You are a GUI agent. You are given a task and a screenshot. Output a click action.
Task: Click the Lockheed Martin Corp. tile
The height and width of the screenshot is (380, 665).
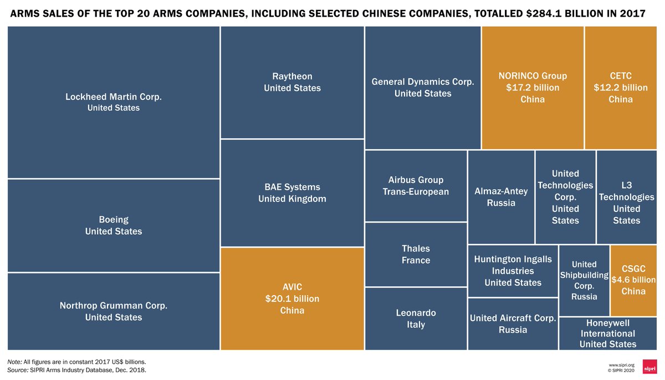coord(114,102)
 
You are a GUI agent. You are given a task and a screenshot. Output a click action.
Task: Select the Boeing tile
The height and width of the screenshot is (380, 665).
coord(114,225)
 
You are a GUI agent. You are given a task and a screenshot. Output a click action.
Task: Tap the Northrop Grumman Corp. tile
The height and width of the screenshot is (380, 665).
coord(114,311)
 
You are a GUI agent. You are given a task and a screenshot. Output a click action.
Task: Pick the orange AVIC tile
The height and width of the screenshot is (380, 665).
coord(292,298)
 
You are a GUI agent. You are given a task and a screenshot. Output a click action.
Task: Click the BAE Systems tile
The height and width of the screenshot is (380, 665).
coord(292,192)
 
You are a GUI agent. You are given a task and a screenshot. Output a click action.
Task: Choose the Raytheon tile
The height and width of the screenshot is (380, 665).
coord(292,82)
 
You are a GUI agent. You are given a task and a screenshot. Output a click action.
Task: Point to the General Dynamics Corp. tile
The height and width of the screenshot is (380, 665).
coord(423,88)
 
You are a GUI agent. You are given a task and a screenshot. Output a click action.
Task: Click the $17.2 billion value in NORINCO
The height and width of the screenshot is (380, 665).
coord(533,88)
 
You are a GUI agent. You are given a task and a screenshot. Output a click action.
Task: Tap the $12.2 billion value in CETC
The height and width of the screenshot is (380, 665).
coord(621,88)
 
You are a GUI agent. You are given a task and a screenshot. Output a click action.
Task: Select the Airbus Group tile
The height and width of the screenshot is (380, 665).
coord(416,186)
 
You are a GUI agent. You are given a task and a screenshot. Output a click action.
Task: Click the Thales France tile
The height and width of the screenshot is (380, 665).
coord(416,254)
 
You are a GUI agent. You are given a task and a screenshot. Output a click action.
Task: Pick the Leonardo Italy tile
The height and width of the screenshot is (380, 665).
coord(416,318)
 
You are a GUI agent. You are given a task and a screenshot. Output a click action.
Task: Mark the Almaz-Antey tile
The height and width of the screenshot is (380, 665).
coord(501,197)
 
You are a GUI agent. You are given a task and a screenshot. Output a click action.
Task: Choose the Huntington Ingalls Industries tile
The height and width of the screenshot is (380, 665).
coord(513,271)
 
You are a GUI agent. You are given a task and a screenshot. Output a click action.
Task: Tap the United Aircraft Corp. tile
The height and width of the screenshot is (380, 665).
coord(513,324)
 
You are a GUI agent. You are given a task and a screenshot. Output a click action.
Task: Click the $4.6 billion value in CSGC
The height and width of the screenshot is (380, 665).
coord(633,280)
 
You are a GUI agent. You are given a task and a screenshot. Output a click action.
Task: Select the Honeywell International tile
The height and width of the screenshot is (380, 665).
coord(608,333)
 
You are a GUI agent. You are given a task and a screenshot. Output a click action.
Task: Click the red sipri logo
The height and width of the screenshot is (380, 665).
coord(649,367)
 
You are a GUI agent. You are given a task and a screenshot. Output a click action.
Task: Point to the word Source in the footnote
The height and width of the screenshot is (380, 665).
coord(18,369)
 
